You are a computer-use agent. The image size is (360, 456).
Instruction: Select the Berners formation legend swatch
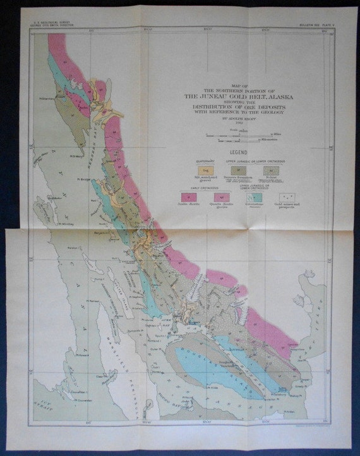234,170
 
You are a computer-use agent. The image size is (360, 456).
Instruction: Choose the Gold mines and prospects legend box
284,197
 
